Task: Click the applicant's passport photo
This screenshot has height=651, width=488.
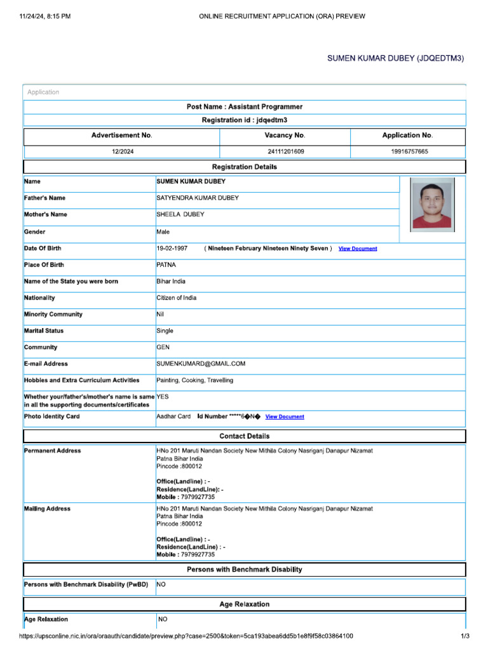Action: tap(432, 203)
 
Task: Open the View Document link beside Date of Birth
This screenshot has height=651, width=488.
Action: tap(358, 249)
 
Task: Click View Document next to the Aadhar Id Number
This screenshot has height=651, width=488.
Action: tap(285, 417)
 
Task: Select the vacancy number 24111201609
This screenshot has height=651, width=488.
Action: tap(286, 152)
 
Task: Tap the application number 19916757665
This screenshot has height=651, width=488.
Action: tap(409, 152)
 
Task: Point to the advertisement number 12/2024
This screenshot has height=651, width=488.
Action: tap(122, 152)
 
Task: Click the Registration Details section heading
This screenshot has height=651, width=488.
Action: tap(245, 167)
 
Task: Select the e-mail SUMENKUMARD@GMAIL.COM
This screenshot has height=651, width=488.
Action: tap(201, 364)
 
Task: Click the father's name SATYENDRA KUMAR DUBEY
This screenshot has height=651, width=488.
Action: tap(198, 198)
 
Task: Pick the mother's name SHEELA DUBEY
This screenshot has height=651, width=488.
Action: tap(180, 214)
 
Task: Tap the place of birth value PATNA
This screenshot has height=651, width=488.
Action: tap(166, 264)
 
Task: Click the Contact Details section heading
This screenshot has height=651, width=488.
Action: tap(245, 436)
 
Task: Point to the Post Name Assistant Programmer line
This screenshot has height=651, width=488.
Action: tap(245, 107)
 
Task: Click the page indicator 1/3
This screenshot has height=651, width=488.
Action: tap(465, 636)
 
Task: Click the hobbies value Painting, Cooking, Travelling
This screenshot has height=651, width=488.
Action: tap(194, 380)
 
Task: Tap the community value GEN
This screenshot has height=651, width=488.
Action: tap(163, 347)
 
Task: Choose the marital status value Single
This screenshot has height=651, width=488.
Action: tap(165, 331)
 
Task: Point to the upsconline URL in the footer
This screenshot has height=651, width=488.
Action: tap(186, 636)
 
